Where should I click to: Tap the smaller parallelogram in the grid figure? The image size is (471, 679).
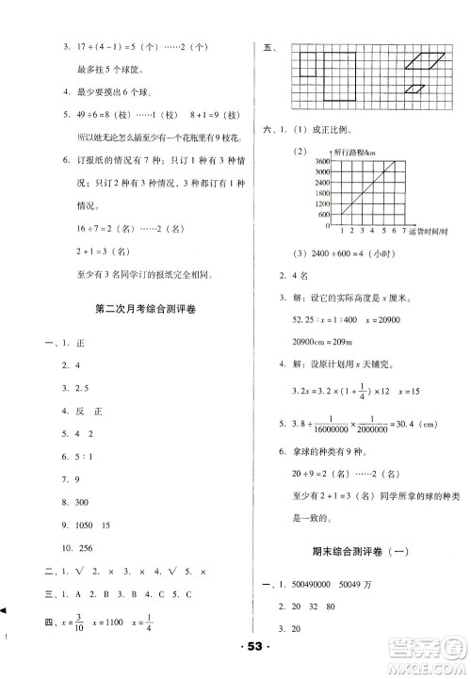[414, 89]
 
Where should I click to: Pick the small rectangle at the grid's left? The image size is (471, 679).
[309, 64]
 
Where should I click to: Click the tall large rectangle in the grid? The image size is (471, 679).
[348, 74]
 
